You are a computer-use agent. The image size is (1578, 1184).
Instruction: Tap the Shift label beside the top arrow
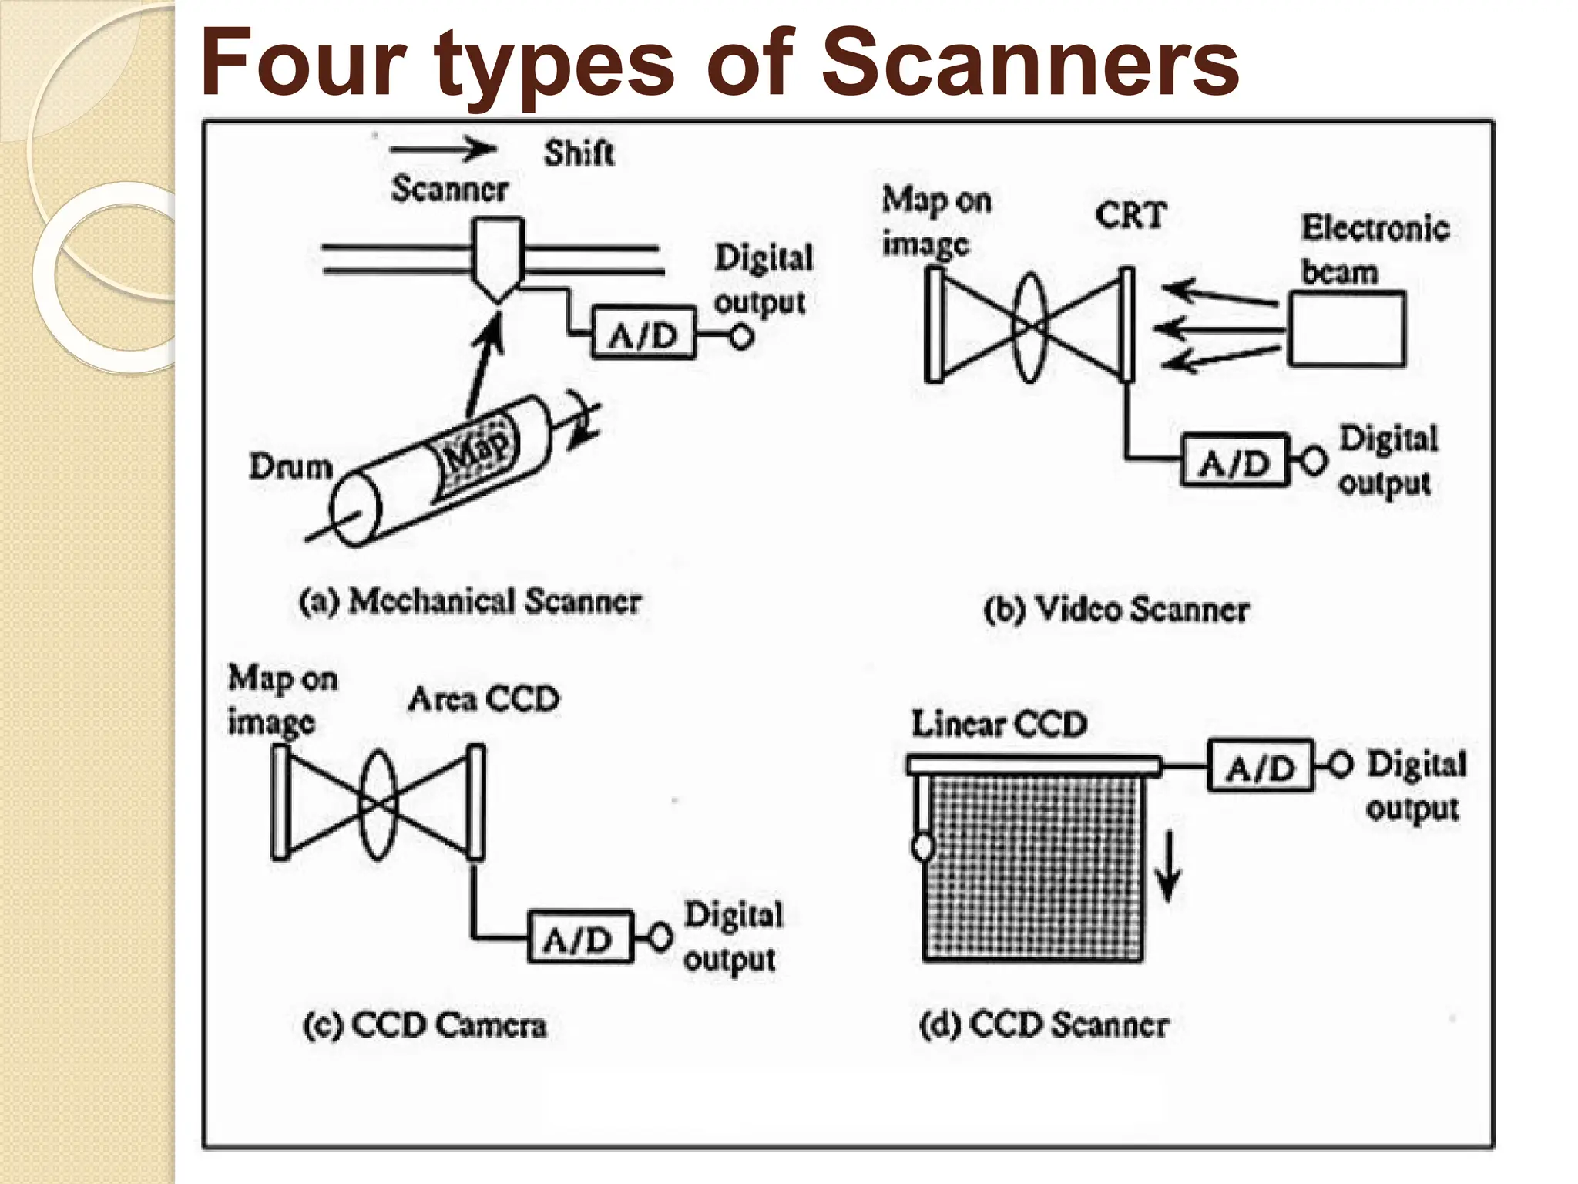point(579,153)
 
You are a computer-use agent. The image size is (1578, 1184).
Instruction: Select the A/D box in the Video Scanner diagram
point(1234,461)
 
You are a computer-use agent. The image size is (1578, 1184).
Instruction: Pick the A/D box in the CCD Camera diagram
point(579,937)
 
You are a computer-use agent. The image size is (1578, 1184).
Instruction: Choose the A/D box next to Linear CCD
point(1260,766)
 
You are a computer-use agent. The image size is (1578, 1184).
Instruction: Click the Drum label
point(290,466)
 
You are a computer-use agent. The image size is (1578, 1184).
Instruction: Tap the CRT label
point(1130,215)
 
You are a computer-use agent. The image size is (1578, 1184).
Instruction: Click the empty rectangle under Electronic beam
point(1346,329)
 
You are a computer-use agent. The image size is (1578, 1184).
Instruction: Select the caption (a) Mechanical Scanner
point(470,601)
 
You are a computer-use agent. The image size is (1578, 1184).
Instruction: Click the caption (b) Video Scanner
point(1116,609)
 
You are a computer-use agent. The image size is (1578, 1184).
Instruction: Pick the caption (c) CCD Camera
point(425,1025)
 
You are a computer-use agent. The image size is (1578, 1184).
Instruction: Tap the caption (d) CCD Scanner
point(1044,1025)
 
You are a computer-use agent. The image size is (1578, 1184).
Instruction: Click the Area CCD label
point(484,699)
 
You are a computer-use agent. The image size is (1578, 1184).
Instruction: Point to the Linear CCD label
point(999,724)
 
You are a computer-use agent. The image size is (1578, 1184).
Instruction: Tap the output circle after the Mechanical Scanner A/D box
point(741,337)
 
